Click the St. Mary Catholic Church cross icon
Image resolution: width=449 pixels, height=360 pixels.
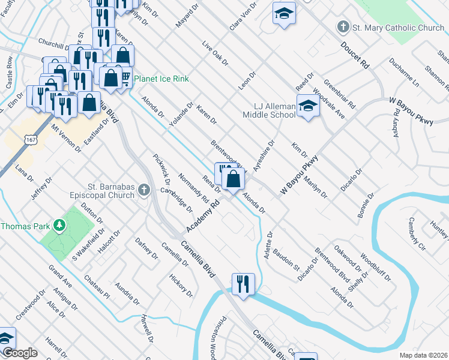tap(343, 27)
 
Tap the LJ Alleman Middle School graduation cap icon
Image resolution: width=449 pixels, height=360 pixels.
tap(307, 106)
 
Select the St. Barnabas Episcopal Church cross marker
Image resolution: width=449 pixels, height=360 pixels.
tap(143, 190)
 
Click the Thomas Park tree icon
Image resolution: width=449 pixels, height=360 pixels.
tap(59, 226)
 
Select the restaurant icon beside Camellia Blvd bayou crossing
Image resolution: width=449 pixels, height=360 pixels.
tap(243, 283)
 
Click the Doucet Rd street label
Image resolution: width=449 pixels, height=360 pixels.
tap(355, 53)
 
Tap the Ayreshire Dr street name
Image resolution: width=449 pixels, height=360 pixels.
tap(264, 156)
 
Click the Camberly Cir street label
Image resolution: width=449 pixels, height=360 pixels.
tap(417, 234)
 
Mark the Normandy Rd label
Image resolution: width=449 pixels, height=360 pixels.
tap(193, 187)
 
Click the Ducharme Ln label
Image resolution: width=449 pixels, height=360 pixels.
tap(403, 73)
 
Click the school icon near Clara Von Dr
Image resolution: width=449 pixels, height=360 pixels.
tap(284, 13)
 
